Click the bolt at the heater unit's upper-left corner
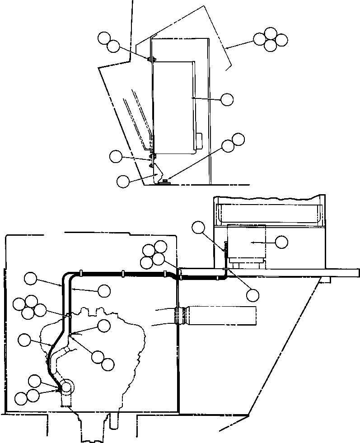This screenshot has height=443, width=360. point(150,59)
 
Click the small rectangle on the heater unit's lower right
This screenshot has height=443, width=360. point(199,140)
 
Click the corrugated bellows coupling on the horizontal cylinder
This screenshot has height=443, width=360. point(181,316)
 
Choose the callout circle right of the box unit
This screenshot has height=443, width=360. point(281,242)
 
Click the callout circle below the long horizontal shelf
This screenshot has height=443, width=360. point(252,295)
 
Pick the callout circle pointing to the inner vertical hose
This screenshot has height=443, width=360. point(104,290)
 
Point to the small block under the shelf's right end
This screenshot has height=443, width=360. point(324,280)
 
